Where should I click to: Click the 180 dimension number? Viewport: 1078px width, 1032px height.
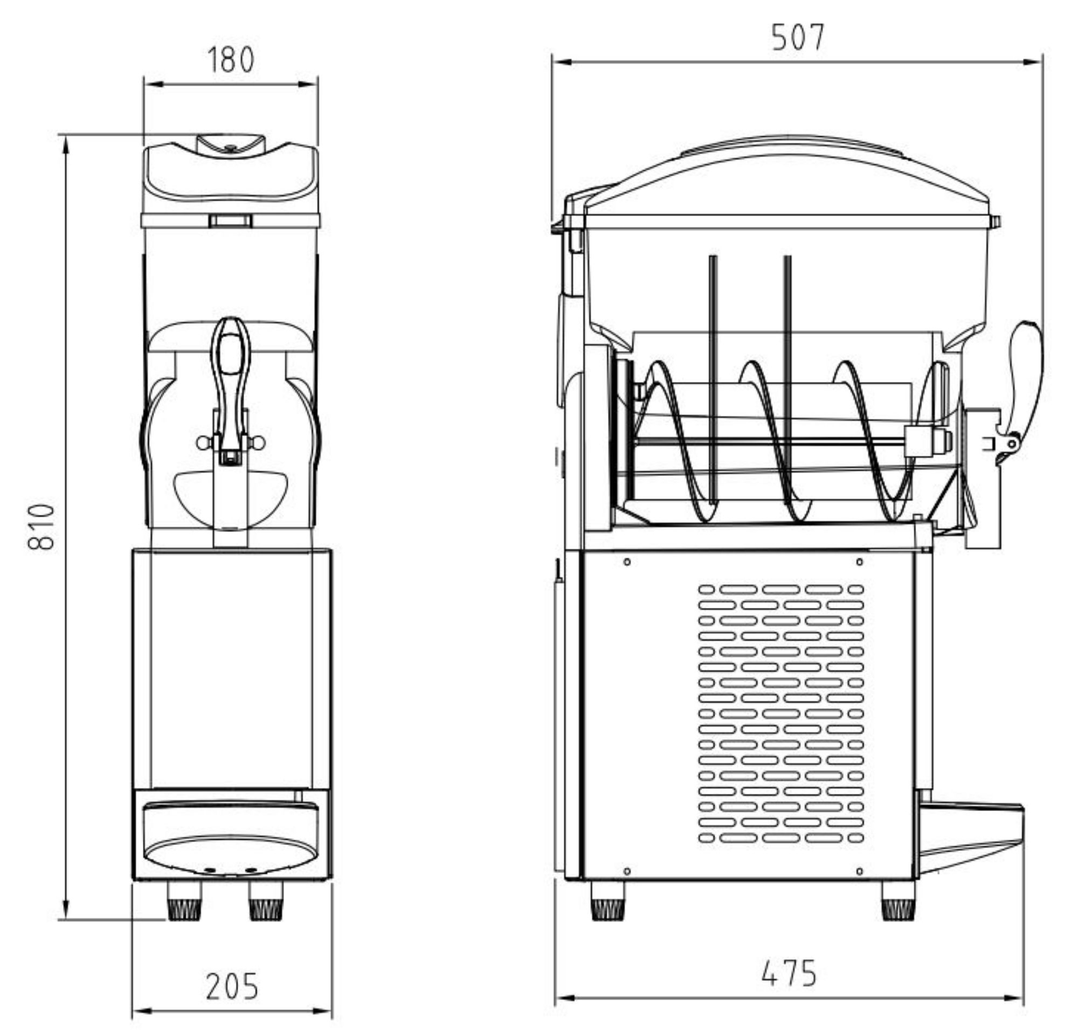tap(231, 60)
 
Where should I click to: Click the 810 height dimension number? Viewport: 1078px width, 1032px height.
tap(42, 526)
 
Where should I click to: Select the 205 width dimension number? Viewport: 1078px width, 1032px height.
tap(232, 987)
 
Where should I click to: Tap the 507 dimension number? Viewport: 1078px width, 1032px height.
tap(798, 38)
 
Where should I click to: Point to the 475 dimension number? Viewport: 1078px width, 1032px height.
tap(789, 973)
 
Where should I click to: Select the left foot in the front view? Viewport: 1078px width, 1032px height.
tap(184, 905)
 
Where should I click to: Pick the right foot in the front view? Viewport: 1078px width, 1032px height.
tap(266, 905)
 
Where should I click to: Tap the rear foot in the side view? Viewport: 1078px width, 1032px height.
tap(608, 905)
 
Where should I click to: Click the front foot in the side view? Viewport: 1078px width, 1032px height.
tap(898, 905)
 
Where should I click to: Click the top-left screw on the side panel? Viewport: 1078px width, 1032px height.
tap(627, 562)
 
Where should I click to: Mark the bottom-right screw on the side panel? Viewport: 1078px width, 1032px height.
tap(860, 871)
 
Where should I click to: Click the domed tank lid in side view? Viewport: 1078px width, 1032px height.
tap(786, 176)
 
